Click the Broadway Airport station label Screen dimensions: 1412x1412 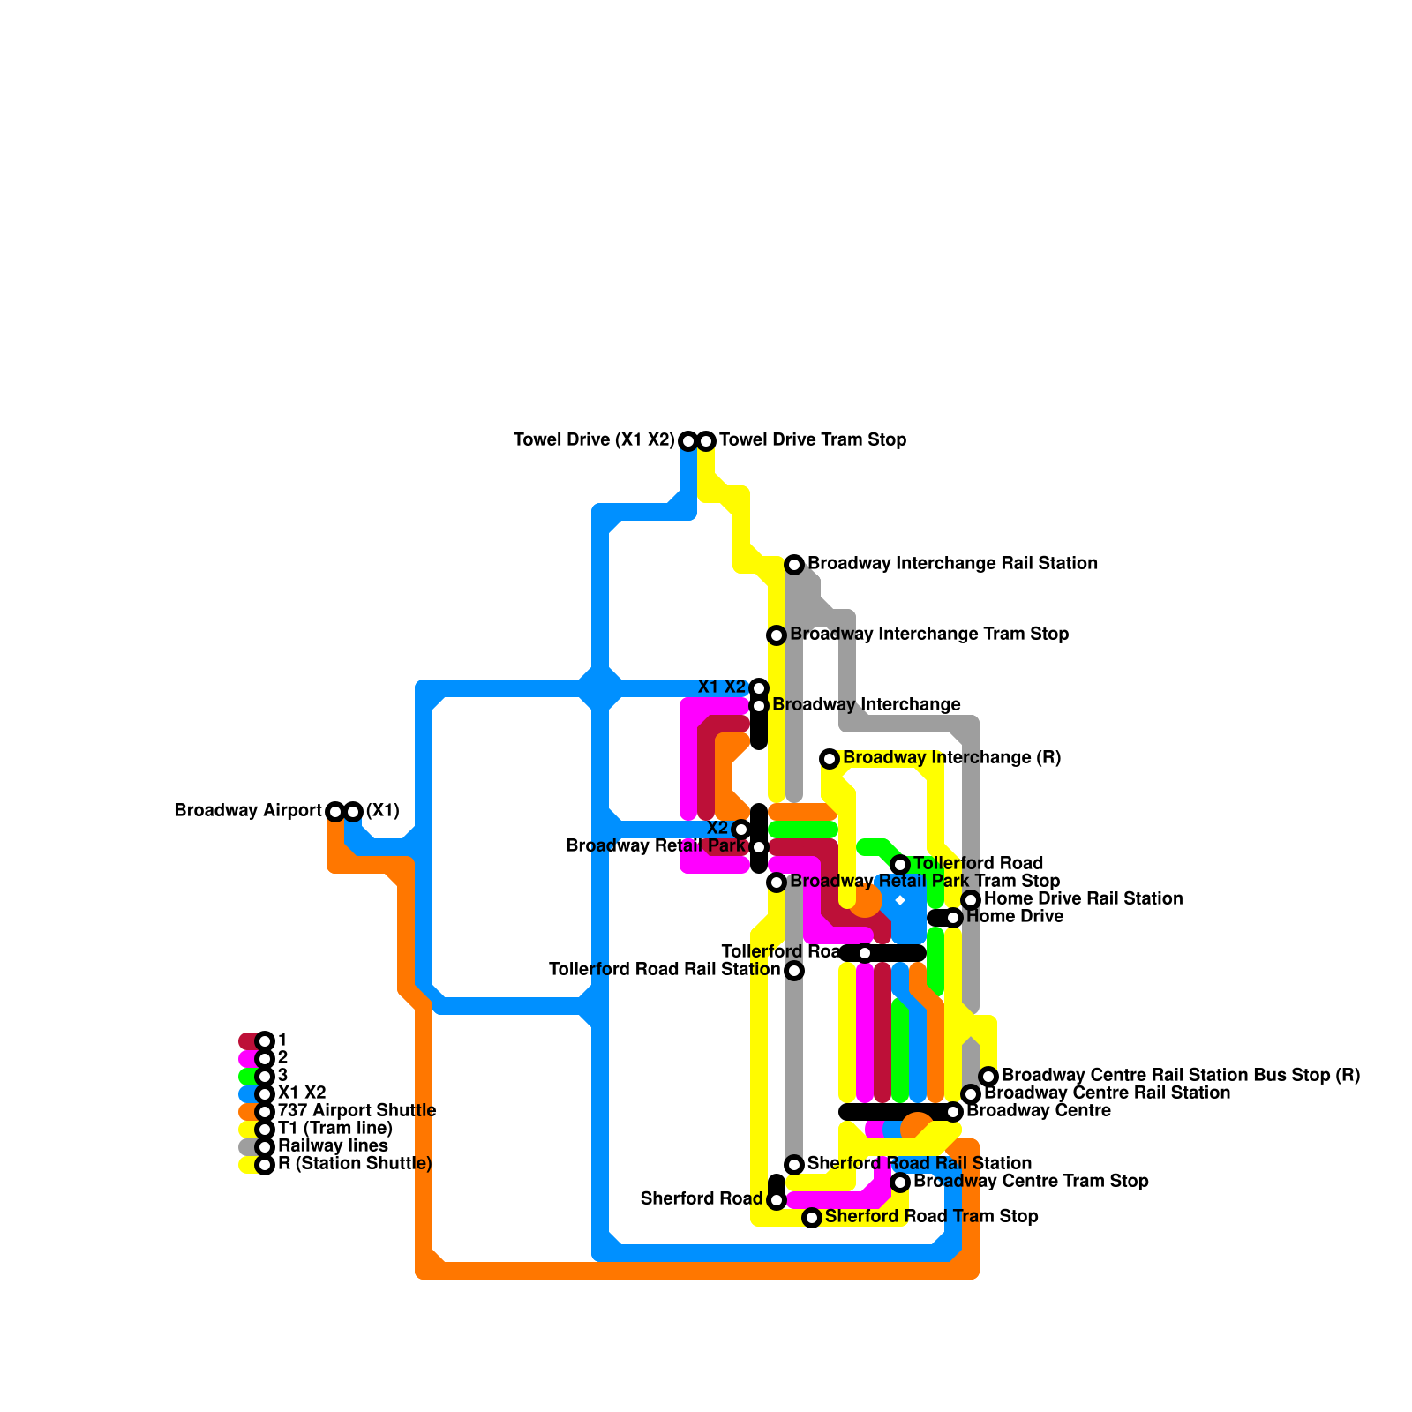(248, 811)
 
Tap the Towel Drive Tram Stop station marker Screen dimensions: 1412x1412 (706, 440)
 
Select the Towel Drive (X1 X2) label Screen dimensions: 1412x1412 (594, 440)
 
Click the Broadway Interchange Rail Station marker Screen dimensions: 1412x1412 (794, 564)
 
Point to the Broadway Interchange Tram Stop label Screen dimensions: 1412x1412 (929, 635)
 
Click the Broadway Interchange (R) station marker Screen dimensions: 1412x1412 (830, 758)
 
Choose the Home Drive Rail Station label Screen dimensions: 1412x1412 (1083, 899)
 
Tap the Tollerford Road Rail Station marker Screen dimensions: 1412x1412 (794, 971)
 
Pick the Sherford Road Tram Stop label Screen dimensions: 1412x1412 (931, 1217)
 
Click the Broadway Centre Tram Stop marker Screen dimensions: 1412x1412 (900, 1183)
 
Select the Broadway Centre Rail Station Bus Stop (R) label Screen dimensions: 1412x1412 (1181, 1076)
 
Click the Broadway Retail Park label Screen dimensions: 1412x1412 (655, 846)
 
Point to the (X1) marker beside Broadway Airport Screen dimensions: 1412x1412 (353, 811)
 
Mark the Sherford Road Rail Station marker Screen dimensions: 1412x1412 (794, 1165)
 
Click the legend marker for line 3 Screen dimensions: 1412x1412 (265, 1076)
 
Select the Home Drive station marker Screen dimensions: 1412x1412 (953, 918)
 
